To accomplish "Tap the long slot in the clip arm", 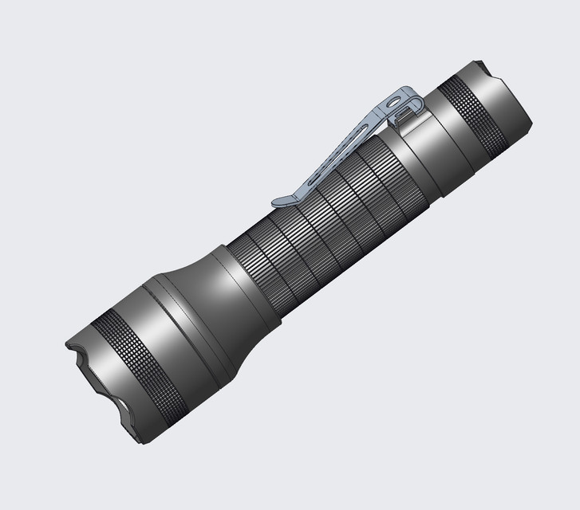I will pyautogui.click(x=343, y=147).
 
